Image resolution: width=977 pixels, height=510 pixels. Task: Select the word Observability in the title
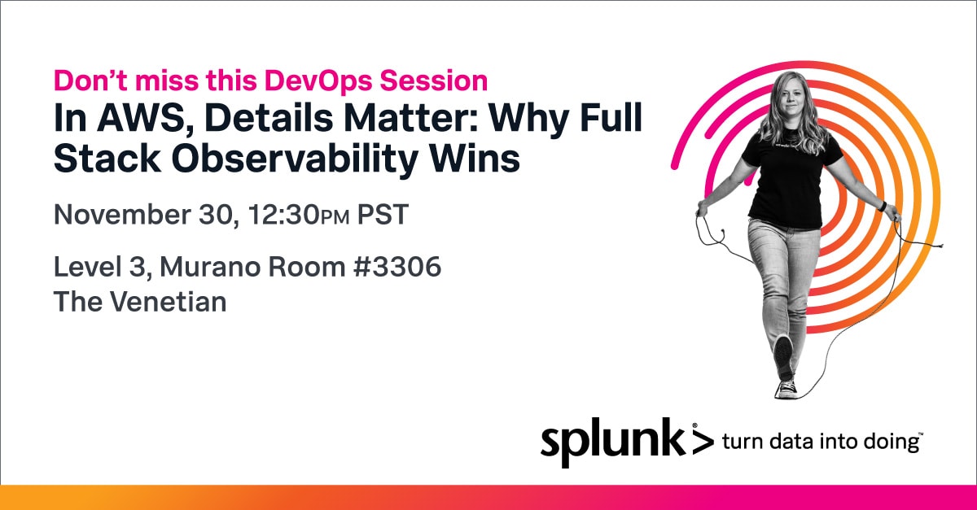[x=295, y=159]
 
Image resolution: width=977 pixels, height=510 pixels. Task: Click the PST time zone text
[x=383, y=215]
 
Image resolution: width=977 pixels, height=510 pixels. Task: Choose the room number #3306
[x=397, y=267]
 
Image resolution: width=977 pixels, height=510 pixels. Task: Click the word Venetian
[x=168, y=302]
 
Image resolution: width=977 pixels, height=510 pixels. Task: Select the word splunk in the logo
[x=612, y=441]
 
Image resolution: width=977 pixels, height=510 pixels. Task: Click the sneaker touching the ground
[x=786, y=389]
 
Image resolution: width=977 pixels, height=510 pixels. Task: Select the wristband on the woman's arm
[x=882, y=206]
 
